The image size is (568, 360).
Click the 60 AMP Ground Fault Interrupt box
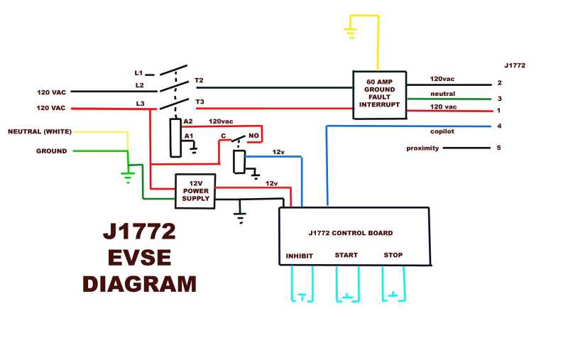(380, 92)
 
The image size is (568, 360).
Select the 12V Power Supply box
(195, 192)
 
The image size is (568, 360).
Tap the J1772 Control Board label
(351, 233)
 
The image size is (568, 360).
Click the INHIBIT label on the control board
(300, 256)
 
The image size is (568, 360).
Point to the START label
(346, 256)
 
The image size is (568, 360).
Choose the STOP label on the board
(393, 256)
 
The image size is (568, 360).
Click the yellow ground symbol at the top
(349, 31)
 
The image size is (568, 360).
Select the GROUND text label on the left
(52, 151)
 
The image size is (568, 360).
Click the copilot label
(442, 131)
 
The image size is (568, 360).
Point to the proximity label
(422, 148)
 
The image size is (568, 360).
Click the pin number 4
(499, 126)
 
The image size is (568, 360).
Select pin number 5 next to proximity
(499, 148)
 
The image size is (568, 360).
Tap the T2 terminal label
(199, 81)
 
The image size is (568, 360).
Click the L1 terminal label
(138, 72)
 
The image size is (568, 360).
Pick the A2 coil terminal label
(188, 121)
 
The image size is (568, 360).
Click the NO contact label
(253, 135)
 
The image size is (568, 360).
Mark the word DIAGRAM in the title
(139, 283)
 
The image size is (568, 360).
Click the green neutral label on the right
(442, 94)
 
